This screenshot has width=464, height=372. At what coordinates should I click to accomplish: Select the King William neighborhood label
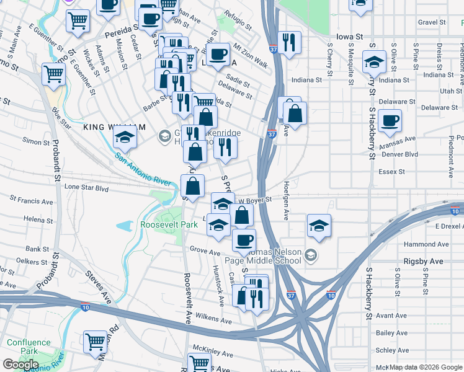tap(114, 126)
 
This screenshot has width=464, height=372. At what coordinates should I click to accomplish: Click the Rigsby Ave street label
tap(424, 262)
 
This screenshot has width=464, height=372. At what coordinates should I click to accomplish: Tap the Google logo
tap(20, 365)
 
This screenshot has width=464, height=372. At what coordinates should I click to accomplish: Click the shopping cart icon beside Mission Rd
tap(96, 340)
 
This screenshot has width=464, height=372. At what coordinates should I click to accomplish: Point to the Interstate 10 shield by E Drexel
tap(455, 211)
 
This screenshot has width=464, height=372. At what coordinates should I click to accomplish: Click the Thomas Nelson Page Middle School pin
tap(311, 255)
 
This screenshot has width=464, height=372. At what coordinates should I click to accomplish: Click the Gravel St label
tap(432, 22)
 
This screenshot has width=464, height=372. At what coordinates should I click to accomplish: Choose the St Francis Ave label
tap(30, 201)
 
